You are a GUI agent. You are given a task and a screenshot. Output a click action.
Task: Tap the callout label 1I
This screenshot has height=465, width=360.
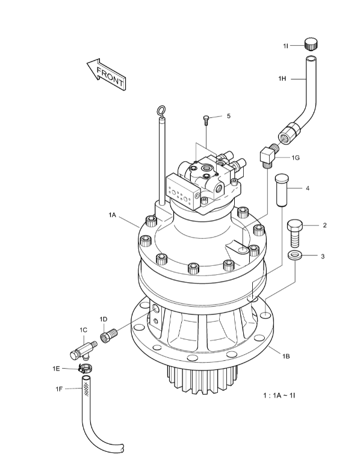click(x=287, y=45)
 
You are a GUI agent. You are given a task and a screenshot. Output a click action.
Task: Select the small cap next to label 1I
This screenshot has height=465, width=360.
click(x=310, y=44)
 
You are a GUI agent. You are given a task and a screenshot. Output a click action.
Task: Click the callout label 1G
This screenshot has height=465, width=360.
click(x=296, y=157)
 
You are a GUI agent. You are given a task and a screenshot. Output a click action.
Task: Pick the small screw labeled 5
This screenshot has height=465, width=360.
click(x=206, y=120)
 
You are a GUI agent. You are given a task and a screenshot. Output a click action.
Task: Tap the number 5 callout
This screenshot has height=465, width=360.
click(x=229, y=116)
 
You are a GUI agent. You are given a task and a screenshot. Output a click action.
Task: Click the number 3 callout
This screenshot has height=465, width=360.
click(x=323, y=256)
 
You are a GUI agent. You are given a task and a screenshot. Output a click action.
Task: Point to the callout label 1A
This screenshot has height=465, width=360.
click(x=113, y=214)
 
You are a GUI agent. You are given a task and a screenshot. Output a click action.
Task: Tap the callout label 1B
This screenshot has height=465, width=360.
click(x=287, y=356)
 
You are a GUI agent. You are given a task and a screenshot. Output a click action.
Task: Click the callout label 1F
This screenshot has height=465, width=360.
click(x=59, y=389)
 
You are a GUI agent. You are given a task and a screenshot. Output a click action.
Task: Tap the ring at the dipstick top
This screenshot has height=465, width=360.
click(x=161, y=110)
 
